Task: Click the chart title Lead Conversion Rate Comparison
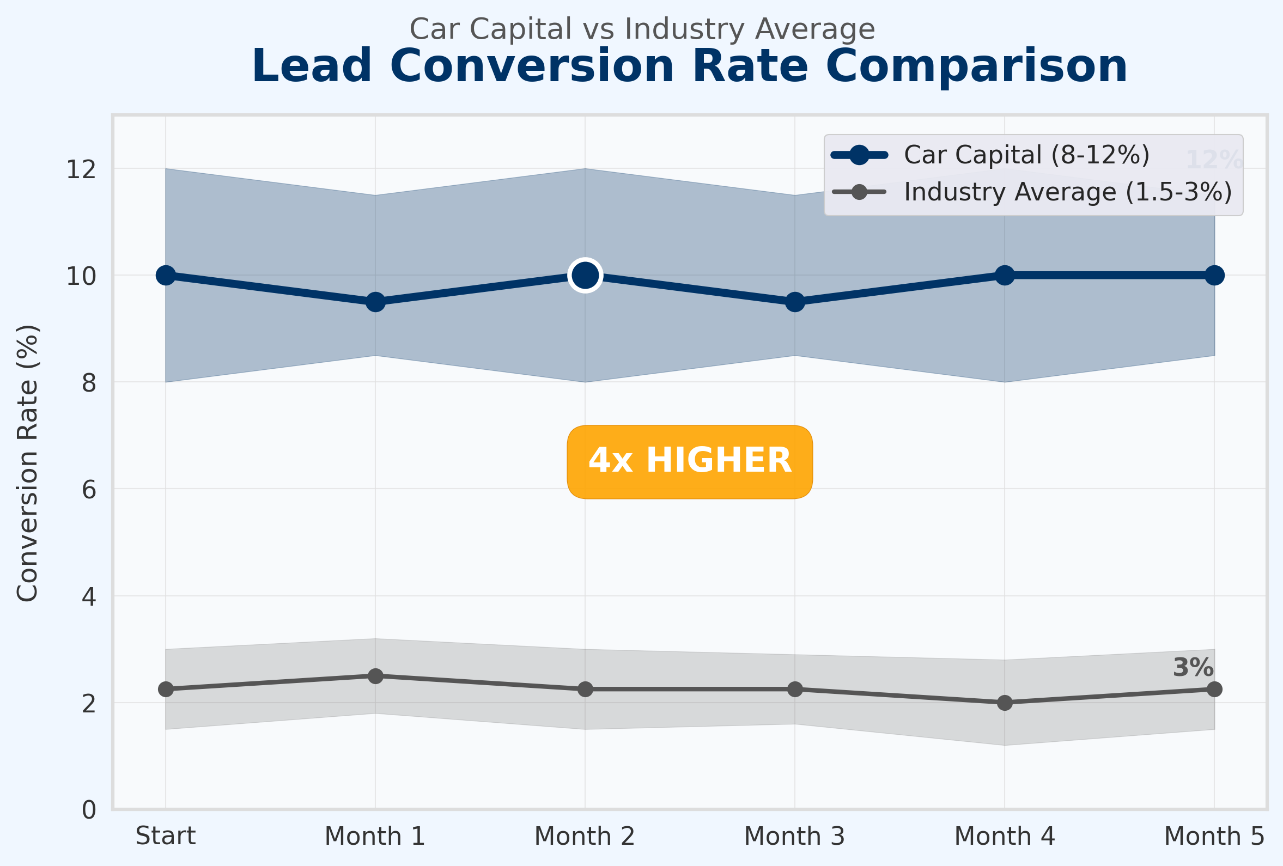point(690,66)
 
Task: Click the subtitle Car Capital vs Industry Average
point(642,29)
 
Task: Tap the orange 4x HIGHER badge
point(690,461)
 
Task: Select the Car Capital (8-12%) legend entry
point(1026,155)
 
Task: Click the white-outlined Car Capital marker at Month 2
point(585,275)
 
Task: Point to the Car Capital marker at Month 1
point(375,302)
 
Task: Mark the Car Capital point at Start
point(166,276)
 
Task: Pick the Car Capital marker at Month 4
point(1005,276)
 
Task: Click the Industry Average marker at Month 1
point(375,676)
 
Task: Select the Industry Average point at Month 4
point(1005,703)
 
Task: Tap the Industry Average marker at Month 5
point(1214,690)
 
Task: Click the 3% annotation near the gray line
point(1193,668)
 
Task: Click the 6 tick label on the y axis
point(89,490)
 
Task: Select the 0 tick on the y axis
point(89,810)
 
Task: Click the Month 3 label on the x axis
point(794,836)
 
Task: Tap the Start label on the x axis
point(166,836)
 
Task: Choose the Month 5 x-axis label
point(1214,836)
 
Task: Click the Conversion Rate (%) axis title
point(28,462)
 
